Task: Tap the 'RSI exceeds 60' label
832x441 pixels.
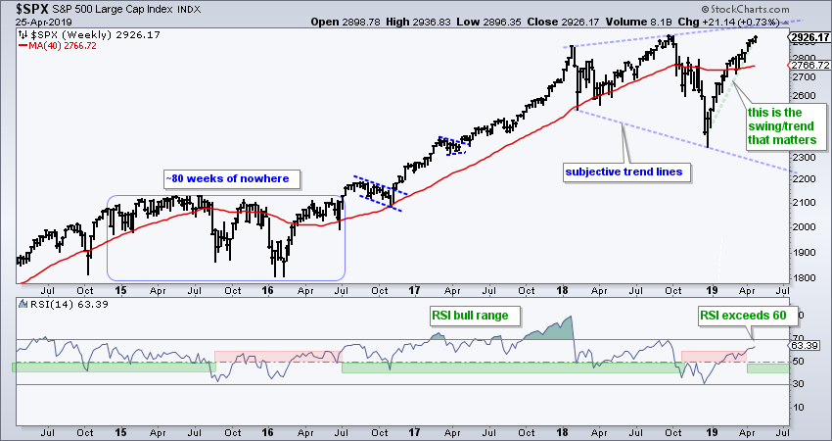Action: pos(748,316)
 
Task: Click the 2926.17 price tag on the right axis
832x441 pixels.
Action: pos(808,37)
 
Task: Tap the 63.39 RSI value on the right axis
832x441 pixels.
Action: pos(804,346)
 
